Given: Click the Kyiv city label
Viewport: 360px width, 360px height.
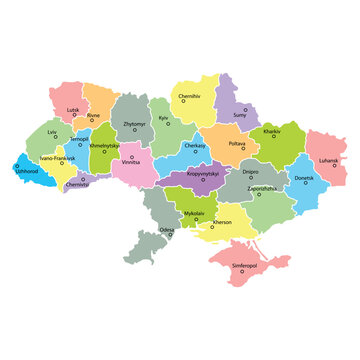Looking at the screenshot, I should [164, 118].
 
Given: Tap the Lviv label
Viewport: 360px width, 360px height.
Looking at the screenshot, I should [51, 131].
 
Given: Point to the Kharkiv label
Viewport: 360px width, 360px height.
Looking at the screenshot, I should [271, 131].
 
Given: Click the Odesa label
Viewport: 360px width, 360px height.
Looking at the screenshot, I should [166, 230].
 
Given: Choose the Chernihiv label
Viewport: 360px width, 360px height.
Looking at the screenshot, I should [190, 96].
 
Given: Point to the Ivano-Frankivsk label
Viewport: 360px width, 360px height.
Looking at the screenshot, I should [57, 158].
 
